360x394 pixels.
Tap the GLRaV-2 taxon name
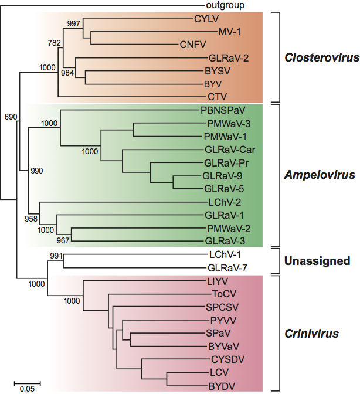pyautogui.click(x=225, y=59)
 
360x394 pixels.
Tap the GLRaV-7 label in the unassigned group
pyautogui.click(x=225, y=268)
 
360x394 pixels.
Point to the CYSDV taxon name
pyautogui.click(x=225, y=358)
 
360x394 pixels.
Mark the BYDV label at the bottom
pyautogui.click(x=222, y=385)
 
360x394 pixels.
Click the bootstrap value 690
pyautogui.click(x=11, y=117)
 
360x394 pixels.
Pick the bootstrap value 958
pyautogui.click(x=30, y=219)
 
